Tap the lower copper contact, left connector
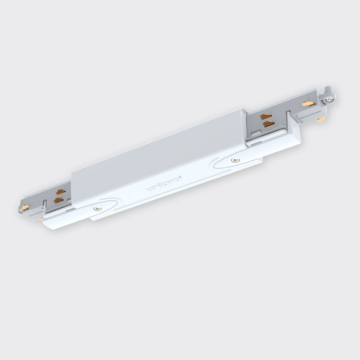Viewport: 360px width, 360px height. (x=59, y=198)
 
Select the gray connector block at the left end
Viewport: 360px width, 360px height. (x=43, y=202)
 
